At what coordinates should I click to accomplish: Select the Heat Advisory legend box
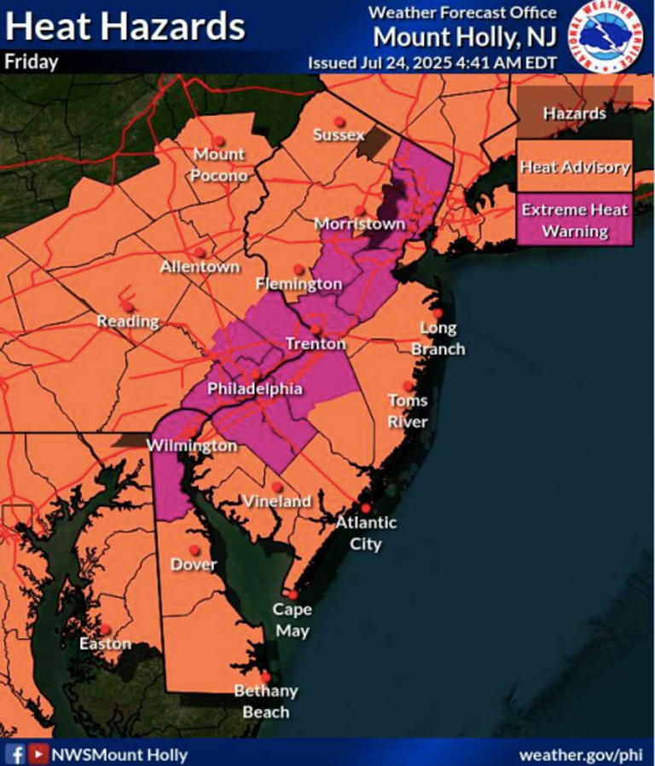pyautogui.click(x=575, y=167)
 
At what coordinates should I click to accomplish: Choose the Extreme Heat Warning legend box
pyautogui.click(x=575, y=220)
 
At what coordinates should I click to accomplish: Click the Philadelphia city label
pyautogui.click(x=255, y=389)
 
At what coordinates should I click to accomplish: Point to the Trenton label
pyautogui.click(x=316, y=344)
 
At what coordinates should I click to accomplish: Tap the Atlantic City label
pyautogui.click(x=365, y=533)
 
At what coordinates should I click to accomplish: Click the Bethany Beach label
pyautogui.click(x=266, y=700)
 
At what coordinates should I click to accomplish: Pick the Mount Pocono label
pyautogui.click(x=219, y=164)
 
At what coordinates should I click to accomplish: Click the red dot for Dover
pyautogui.click(x=194, y=550)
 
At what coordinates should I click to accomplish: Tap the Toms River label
pyautogui.click(x=408, y=411)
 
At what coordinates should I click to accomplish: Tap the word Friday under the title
pyautogui.click(x=32, y=62)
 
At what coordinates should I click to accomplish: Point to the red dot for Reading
pyautogui.click(x=127, y=307)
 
